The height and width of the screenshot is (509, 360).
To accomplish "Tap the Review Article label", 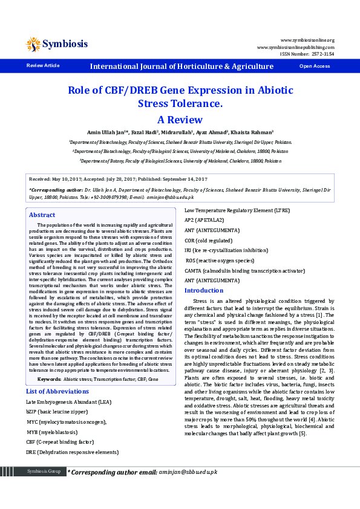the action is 43,65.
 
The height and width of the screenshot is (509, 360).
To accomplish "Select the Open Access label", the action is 315,66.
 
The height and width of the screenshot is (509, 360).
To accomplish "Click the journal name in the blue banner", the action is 182,66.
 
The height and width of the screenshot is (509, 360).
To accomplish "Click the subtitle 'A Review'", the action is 180,119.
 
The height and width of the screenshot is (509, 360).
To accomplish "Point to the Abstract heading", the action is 42,215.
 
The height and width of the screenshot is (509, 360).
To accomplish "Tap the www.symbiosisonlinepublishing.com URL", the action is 295,47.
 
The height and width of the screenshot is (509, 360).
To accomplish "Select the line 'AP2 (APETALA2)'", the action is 204,221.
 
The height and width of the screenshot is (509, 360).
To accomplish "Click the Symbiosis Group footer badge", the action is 43,471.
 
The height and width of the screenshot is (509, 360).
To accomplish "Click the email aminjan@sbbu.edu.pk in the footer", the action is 188,472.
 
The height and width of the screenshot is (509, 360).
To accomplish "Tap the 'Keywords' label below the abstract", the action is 49,362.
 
